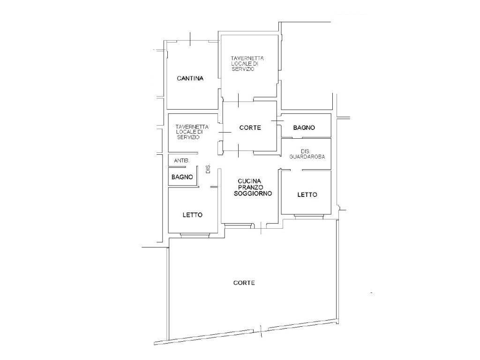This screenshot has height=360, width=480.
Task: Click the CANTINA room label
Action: click(x=190, y=78)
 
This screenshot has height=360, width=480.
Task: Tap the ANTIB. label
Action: click(x=182, y=160)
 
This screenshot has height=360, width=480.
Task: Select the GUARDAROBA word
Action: click(x=307, y=157)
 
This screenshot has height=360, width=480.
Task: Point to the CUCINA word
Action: click(x=249, y=181)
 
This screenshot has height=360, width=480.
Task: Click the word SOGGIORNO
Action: click(x=253, y=194)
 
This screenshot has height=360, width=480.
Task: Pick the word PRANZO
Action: click(x=251, y=187)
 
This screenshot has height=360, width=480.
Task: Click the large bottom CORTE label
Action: click(x=244, y=283)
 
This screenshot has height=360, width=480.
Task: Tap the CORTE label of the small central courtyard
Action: click(x=250, y=127)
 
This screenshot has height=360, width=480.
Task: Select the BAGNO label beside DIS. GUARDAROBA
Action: click(x=304, y=127)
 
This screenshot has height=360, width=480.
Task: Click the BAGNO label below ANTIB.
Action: click(x=182, y=177)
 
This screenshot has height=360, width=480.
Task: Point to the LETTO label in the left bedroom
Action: click(x=193, y=215)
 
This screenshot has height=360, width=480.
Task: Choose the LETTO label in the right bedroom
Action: click(x=307, y=195)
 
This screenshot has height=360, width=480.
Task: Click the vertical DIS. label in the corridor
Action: click(x=209, y=169)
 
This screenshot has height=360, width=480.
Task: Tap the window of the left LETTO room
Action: click(x=195, y=235)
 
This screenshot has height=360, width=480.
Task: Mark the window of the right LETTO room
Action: click(x=309, y=217)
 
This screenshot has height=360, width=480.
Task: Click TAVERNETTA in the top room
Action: click(x=247, y=58)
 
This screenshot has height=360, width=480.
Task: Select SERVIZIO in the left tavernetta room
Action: click(x=188, y=137)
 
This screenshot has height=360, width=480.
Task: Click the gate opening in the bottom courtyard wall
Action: click(x=261, y=330)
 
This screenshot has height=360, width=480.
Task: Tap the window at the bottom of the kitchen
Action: click(x=238, y=226)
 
